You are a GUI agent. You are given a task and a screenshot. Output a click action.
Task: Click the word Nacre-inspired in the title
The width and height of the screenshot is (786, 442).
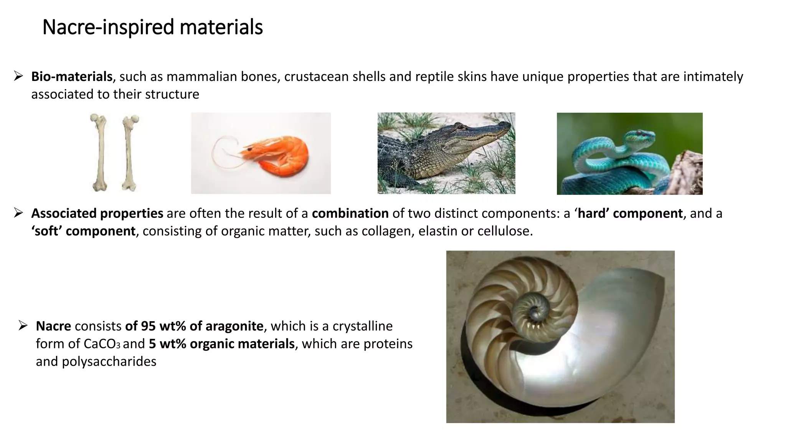pyautogui.click(x=108, y=28)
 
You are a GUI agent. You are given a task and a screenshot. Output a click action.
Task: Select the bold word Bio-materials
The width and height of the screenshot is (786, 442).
pyautogui.click(x=72, y=77)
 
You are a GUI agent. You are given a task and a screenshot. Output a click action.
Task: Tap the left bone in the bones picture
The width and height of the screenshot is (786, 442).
pyautogui.click(x=100, y=153)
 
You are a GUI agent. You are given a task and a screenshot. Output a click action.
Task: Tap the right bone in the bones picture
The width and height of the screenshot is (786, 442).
pyautogui.click(x=129, y=153)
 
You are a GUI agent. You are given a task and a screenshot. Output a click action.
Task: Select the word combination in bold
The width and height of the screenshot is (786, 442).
pyautogui.click(x=350, y=213)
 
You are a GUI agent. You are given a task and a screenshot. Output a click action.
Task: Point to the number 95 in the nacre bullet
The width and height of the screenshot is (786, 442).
pyautogui.click(x=148, y=326)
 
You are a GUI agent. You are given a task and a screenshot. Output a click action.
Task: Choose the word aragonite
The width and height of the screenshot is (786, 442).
pyautogui.click(x=234, y=326)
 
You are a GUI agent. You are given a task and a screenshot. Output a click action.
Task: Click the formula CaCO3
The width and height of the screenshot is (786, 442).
pyautogui.click(x=102, y=344)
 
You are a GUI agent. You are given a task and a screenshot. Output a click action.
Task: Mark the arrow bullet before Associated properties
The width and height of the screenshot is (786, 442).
pyautogui.click(x=18, y=213)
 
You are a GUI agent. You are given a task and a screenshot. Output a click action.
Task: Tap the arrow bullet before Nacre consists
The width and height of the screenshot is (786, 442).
pyautogui.click(x=23, y=326)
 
